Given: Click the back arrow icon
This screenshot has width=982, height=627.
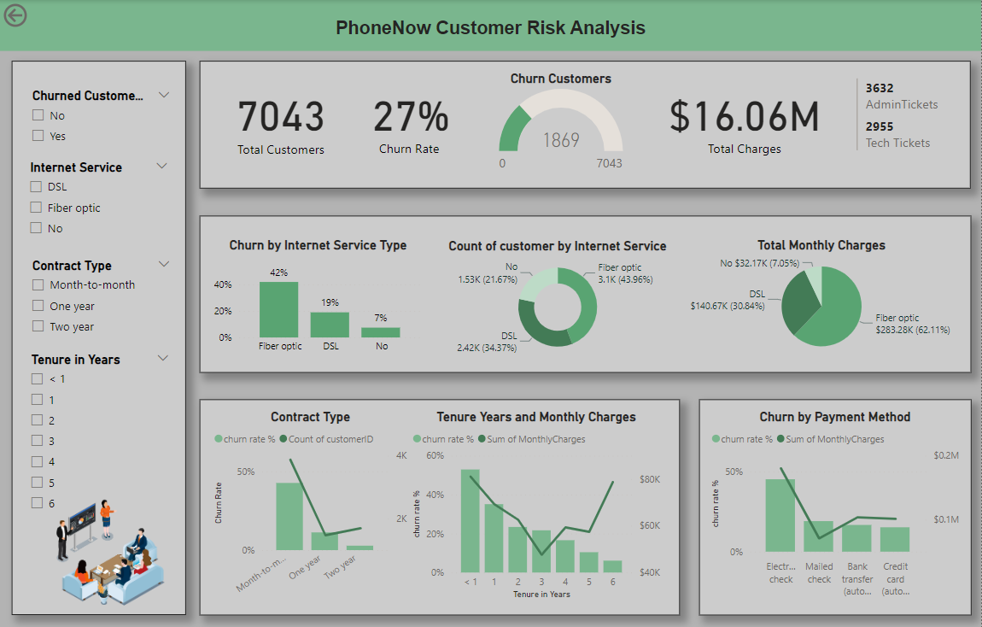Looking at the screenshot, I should coord(15,15).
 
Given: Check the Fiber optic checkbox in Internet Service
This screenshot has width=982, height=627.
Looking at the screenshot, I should coord(36,208).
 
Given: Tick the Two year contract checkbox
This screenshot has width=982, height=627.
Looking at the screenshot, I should coord(38,326).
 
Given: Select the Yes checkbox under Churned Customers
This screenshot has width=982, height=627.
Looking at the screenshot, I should coord(38,136).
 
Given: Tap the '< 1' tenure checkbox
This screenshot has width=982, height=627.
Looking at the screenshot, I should coord(37,378).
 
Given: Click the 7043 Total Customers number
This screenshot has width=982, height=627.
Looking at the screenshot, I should coord(281,118).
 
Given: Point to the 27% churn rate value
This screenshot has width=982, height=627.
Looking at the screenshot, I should coord(410,118).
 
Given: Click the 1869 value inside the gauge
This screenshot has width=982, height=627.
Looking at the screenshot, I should coord(561,140).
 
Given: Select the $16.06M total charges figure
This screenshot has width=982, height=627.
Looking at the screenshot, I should coord(744,117).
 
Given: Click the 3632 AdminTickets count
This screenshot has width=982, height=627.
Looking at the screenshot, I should coord(880,88).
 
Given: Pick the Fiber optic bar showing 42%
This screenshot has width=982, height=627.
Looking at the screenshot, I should coord(278,310).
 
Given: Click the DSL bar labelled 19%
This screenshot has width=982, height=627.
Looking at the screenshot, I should coord(330,325).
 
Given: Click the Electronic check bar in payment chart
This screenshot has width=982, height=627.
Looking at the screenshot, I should coord(780,515).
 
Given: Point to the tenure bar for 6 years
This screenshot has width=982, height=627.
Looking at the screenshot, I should coord(612,566).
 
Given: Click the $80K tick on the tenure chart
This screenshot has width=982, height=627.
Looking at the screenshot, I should coord(650,479).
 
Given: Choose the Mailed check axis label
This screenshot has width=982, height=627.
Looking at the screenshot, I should coord(819,572).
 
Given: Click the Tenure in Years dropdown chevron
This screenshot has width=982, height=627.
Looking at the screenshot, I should coord(163,359).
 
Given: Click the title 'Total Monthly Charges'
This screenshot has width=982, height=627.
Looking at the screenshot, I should coord(821,245).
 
